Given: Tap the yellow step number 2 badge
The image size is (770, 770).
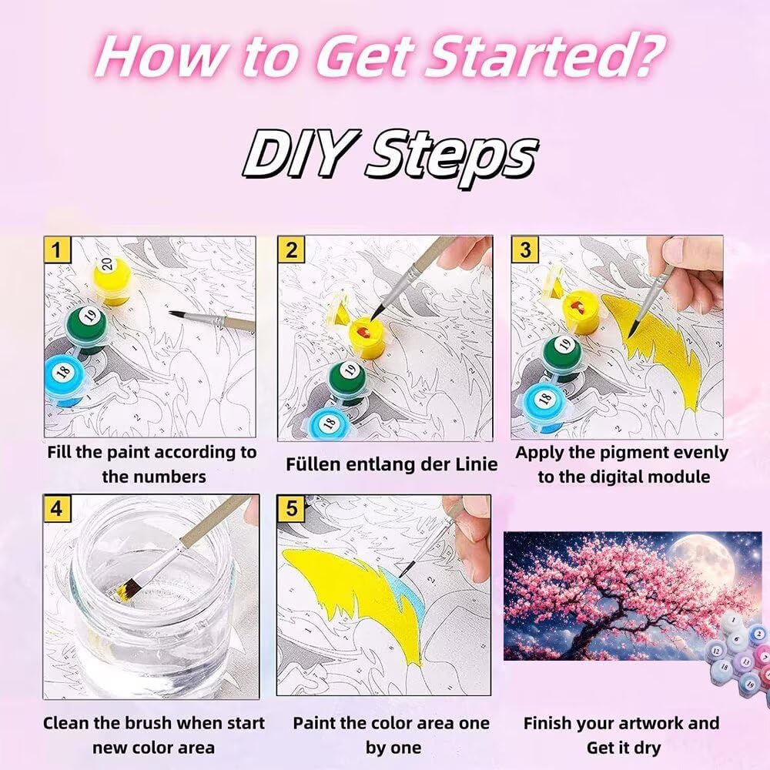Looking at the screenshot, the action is [291, 249].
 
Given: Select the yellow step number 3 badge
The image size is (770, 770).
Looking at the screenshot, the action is [525, 249].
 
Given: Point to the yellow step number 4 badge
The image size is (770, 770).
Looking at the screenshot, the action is [57, 508].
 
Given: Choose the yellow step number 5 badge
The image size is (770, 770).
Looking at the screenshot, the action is [291, 508].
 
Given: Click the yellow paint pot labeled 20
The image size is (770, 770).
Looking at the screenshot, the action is [112, 280].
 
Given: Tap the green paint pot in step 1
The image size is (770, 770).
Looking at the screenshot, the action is [87, 326].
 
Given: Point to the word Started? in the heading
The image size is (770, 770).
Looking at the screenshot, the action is [544, 58].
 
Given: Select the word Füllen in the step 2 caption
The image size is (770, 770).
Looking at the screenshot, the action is [312, 464].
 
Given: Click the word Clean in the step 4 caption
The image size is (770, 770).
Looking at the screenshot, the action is [67, 723].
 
